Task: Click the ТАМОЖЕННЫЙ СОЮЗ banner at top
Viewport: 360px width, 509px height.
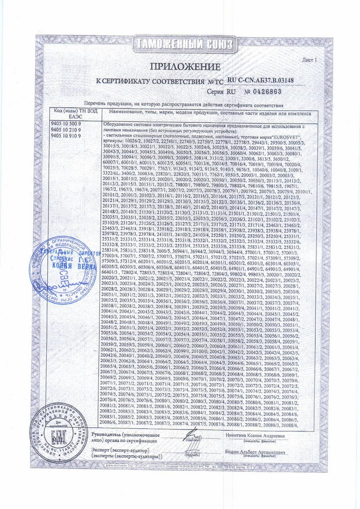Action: point(180,46)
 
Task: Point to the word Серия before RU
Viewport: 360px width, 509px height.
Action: point(215,92)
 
